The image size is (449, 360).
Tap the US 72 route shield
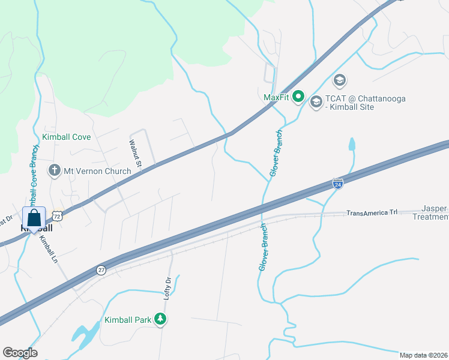click(57, 214)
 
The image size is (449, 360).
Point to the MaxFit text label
click(277, 97)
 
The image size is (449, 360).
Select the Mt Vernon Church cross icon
click(55, 171)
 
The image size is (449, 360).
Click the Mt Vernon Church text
click(97, 171)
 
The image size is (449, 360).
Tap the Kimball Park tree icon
click(160, 320)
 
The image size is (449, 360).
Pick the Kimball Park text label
click(128, 320)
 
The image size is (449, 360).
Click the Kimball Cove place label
click(66, 137)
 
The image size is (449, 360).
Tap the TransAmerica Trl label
click(372, 212)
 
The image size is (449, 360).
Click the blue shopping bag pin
click(34, 218)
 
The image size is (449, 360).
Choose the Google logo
click(20, 352)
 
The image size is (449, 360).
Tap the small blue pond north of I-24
click(351, 145)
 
